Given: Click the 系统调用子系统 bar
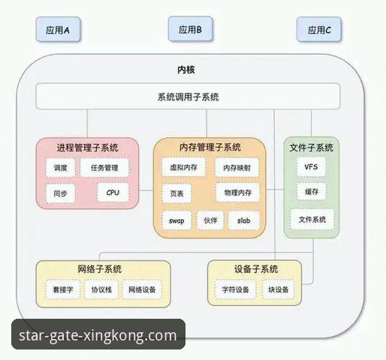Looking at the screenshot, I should pos(188,97).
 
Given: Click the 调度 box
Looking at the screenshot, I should pos(61,168).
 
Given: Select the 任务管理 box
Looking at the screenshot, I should pos(104,168).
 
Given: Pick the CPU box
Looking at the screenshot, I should pos(113,193).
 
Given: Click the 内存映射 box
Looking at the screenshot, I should pos(236,168).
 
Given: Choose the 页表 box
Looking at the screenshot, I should pos(177,193).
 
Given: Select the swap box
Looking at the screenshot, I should pos(177,221).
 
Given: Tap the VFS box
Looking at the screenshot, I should pos(310,166).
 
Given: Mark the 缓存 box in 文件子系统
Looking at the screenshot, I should pos(310,193).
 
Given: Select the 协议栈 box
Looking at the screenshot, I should pos(101,289).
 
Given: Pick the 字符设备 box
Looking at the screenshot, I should pos(234,289).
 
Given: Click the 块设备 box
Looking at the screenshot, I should pos(279,289).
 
